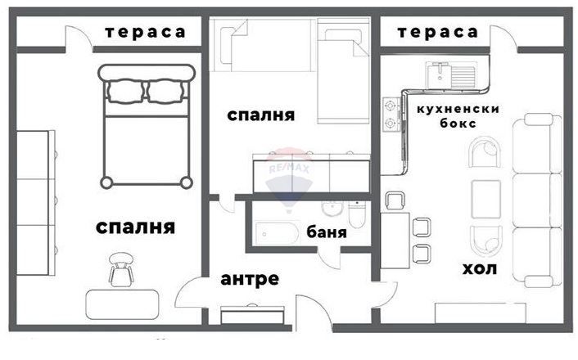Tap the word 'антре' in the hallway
250,279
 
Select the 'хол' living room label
481,268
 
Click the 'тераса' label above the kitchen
437,32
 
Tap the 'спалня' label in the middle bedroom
260,115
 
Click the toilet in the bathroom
355,215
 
